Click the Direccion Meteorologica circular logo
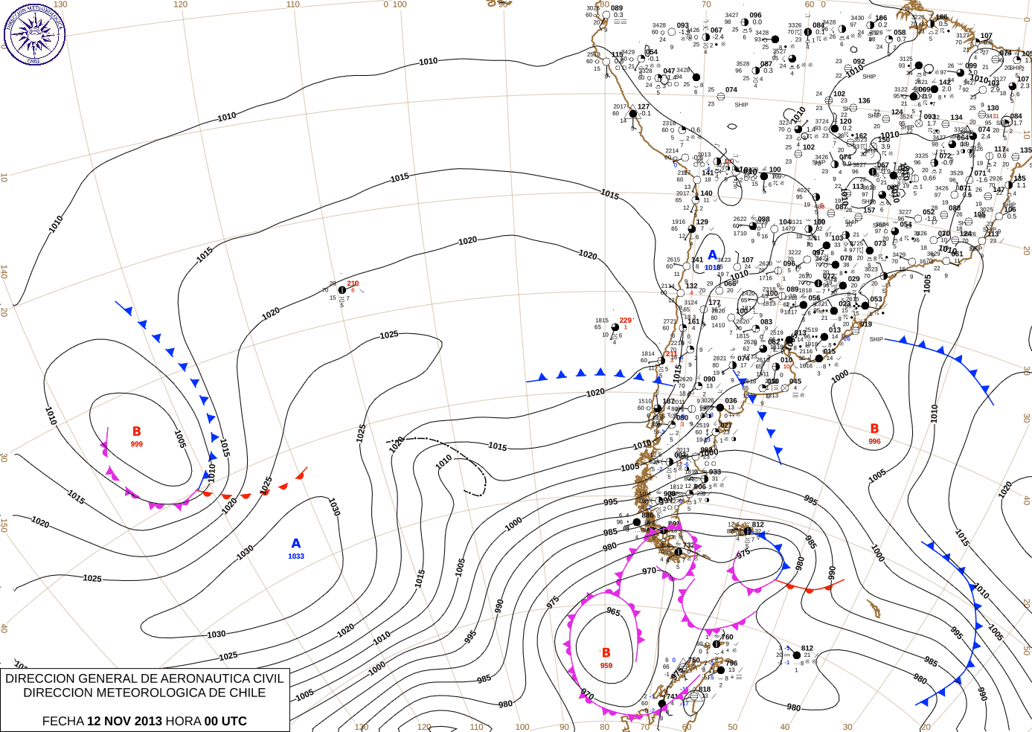pyautogui.click(x=34, y=33)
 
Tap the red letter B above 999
pyautogui.click(x=137, y=431)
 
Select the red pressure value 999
pyautogui.click(x=137, y=444)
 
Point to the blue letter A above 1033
pyautogui.click(x=296, y=544)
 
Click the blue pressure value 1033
pyautogui.click(x=296, y=556)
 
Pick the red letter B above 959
pyautogui.click(x=606, y=653)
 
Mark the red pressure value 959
pyautogui.click(x=606, y=666)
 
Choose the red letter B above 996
pyautogui.click(x=874, y=428)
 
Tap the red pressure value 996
pyautogui.click(x=874, y=441)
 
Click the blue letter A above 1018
pyautogui.click(x=712, y=256)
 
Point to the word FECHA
pyautogui.click(x=63, y=721)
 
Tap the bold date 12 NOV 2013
pyautogui.click(x=124, y=721)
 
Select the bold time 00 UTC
pyautogui.click(x=225, y=721)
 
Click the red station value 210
pyautogui.click(x=353, y=283)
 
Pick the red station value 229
pyautogui.click(x=625, y=321)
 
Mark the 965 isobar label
pyautogui.click(x=613, y=611)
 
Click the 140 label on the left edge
pyautogui.click(x=4, y=272)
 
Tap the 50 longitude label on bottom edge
pyautogui.click(x=733, y=727)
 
